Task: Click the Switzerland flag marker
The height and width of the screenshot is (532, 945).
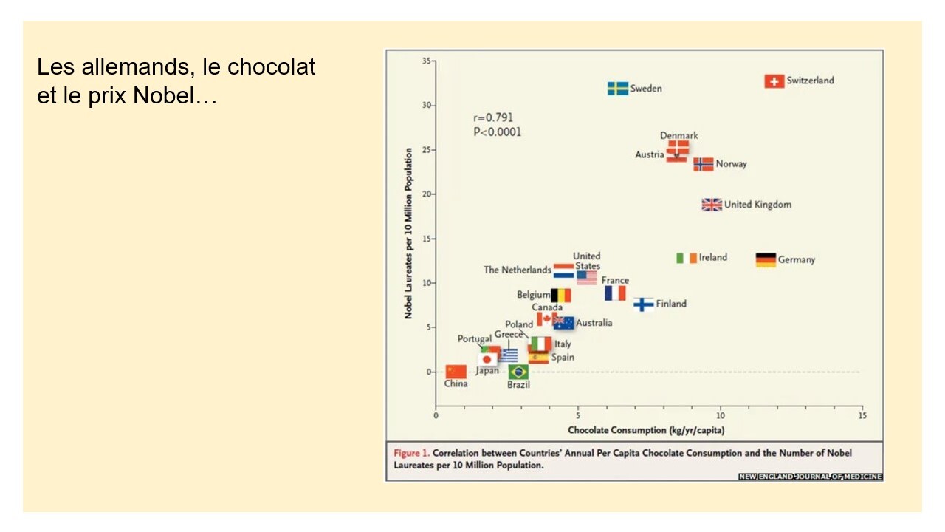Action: [x=774, y=81]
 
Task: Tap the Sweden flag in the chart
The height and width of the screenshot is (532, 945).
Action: [x=618, y=89]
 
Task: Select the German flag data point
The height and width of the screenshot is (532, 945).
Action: [x=766, y=260]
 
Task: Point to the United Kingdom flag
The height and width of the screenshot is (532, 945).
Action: [x=712, y=205]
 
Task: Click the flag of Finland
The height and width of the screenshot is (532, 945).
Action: [x=644, y=304]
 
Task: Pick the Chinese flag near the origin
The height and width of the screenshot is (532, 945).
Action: [x=456, y=371]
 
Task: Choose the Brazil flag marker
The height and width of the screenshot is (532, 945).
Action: [x=518, y=372]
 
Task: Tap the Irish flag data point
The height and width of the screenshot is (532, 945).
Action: [x=687, y=258]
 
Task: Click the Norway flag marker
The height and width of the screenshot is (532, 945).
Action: [x=704, y=164]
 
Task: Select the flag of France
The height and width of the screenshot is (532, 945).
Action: [x=615, y=293]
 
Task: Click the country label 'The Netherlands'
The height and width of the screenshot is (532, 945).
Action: [x=518, y=270]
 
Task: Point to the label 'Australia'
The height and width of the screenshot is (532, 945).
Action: [x=594, y=323]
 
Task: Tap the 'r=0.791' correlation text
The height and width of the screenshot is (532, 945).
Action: [x=493, y=118]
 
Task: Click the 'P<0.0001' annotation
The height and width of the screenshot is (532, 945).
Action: [x=497, y=132]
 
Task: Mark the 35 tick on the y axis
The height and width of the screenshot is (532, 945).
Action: [x=427, y=61]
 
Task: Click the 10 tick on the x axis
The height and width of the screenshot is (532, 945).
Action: [x=721, y=416]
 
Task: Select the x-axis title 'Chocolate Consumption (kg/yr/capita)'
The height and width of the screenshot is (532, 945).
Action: [x=640, y=430]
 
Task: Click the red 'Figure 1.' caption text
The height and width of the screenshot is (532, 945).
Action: [x=411, y=453]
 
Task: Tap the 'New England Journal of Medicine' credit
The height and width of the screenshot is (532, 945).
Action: [x=810, y=477]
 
